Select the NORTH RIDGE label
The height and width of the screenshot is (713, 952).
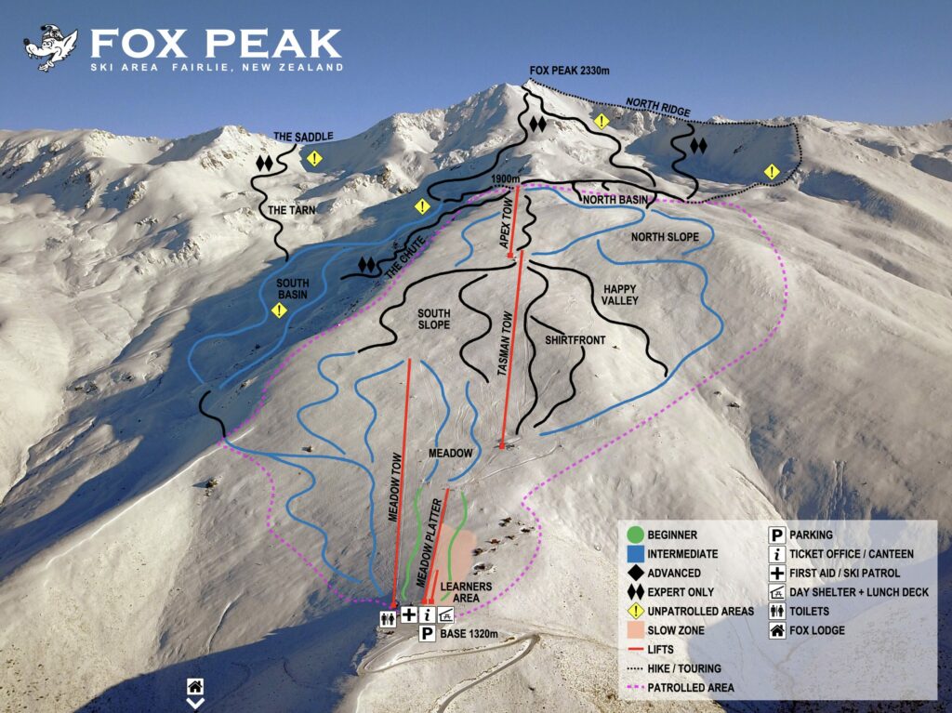657,106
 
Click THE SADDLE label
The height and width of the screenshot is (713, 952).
302,137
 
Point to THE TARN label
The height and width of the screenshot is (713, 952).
292,210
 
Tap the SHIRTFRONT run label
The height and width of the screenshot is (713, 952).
575,341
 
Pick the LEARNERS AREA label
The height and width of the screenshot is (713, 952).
467,592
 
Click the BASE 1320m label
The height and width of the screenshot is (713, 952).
477,634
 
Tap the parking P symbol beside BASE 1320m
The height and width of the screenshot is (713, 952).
427,634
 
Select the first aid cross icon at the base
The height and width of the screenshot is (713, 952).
408,614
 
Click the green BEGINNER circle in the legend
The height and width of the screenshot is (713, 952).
635,535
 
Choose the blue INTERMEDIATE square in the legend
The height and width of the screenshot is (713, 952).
635,554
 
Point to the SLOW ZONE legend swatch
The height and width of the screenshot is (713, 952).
635,630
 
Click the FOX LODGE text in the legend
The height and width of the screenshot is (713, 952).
817,630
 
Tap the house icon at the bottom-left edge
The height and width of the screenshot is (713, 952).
194,686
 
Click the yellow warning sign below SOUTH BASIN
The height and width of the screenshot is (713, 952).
279,310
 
